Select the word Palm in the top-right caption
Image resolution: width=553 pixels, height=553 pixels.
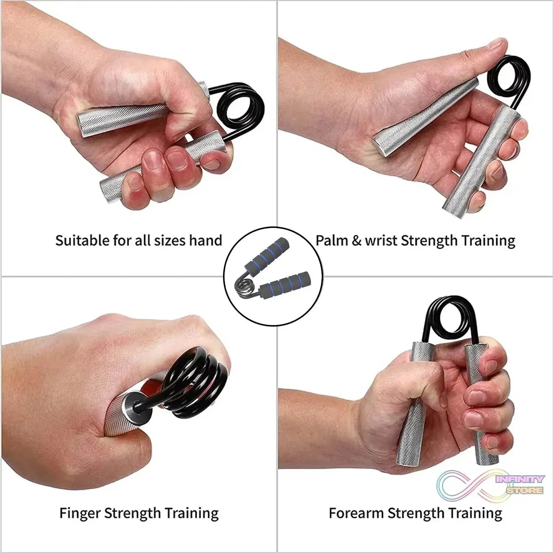tap(331, 240)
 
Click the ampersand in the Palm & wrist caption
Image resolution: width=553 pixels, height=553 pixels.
tap(356, 241)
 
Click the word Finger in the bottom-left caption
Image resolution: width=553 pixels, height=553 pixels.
tap(80, 513)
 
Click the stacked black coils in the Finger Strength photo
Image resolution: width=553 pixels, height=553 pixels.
tap(199, 387)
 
